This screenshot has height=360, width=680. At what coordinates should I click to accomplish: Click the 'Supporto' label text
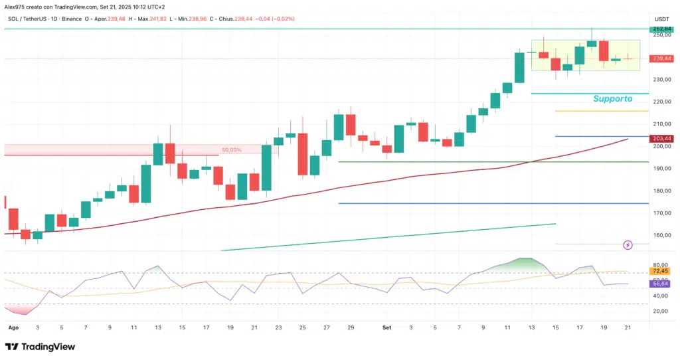[612, 98]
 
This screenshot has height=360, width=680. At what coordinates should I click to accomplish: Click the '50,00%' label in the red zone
[231, 150]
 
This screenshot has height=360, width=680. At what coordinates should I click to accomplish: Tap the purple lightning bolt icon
[628, 246]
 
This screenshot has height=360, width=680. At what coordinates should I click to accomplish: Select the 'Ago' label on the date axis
[13, 327]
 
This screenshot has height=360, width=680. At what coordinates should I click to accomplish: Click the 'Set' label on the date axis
[387, 327]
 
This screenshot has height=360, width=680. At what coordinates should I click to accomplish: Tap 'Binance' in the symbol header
[75, 19]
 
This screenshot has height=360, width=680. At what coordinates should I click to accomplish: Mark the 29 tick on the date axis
[351, 327]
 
